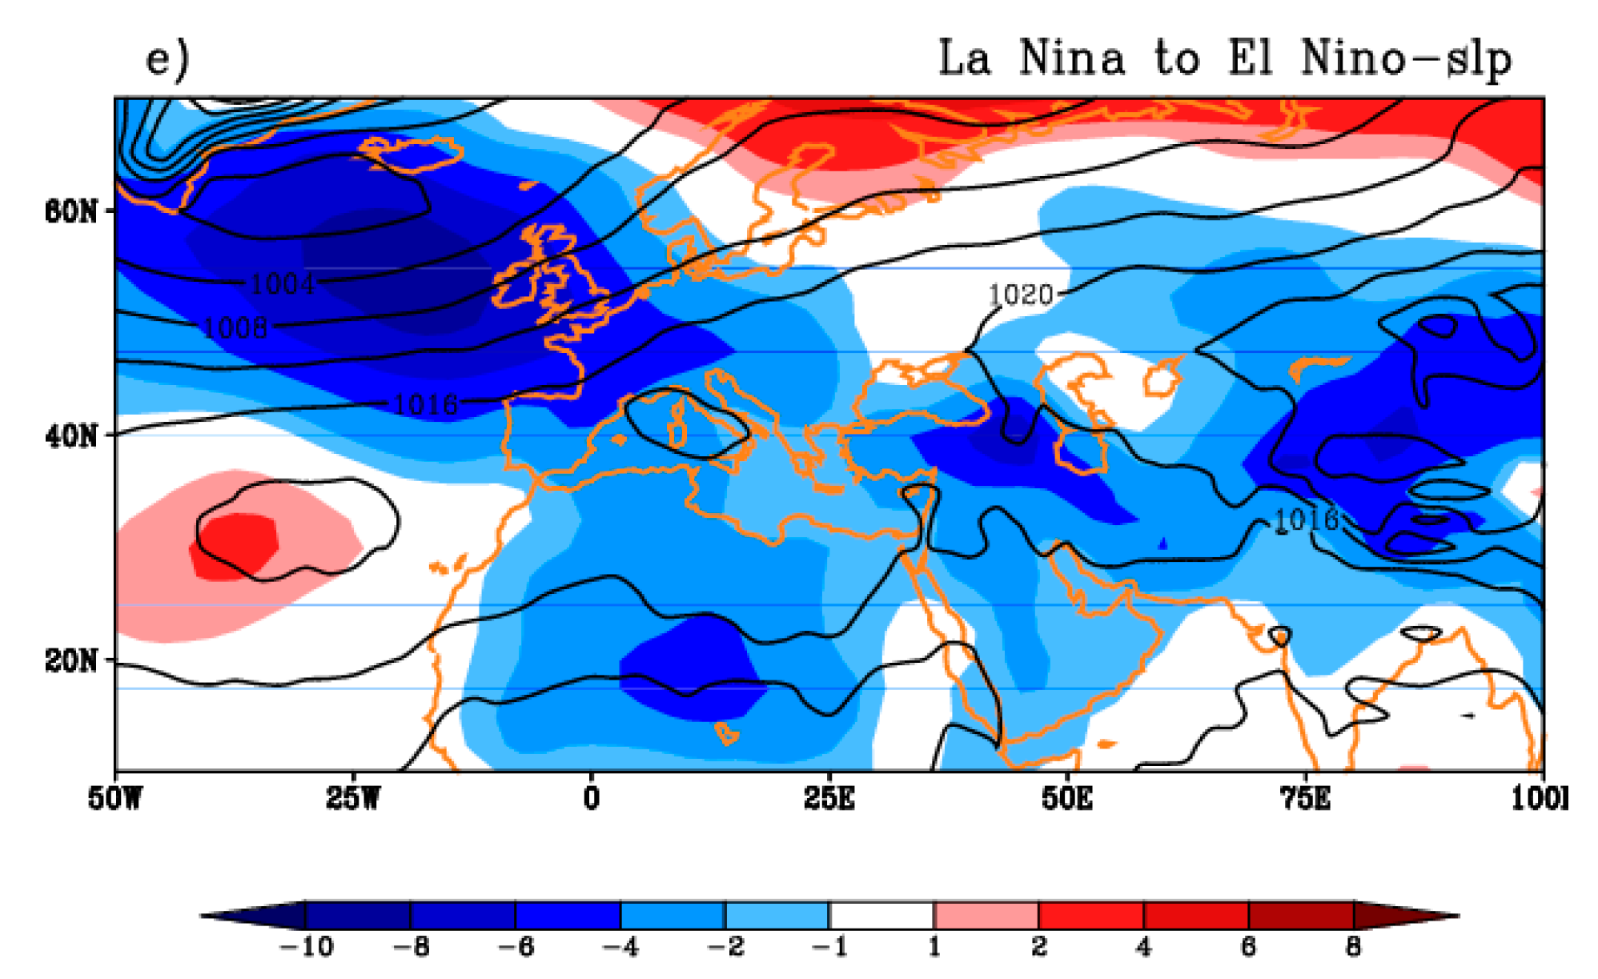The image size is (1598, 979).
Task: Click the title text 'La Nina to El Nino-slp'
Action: click(x=1224, y=58)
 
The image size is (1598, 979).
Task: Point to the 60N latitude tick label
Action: click(x=71, y=211)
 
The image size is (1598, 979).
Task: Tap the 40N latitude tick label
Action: click(x=71, y=436)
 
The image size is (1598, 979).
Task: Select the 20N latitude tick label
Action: click(x=71, y=661)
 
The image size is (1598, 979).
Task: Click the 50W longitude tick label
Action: click(x=115, y=798)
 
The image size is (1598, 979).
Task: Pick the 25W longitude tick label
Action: click(x=352, y=798)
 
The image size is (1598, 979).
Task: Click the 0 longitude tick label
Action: click(x=591, y=798)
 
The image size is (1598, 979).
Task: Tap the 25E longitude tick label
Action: click(x=829, y=798)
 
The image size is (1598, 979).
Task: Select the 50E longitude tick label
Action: click(x=1067, y=798)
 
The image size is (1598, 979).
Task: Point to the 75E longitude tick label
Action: click(x=1306, y=798)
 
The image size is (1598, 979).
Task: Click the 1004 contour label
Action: click(x=282, y=283)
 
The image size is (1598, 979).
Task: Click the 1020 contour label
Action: click(x=1021, y=295)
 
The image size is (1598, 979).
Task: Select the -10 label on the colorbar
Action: click(x=306, y=947)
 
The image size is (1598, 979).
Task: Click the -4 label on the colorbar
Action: click(x=620, y=947)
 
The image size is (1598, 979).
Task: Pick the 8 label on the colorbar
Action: click(x=1353, y=947)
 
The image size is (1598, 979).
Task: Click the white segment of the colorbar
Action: click(x=881, y=915)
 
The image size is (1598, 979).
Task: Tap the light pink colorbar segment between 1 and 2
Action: click(x=986, y=915)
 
